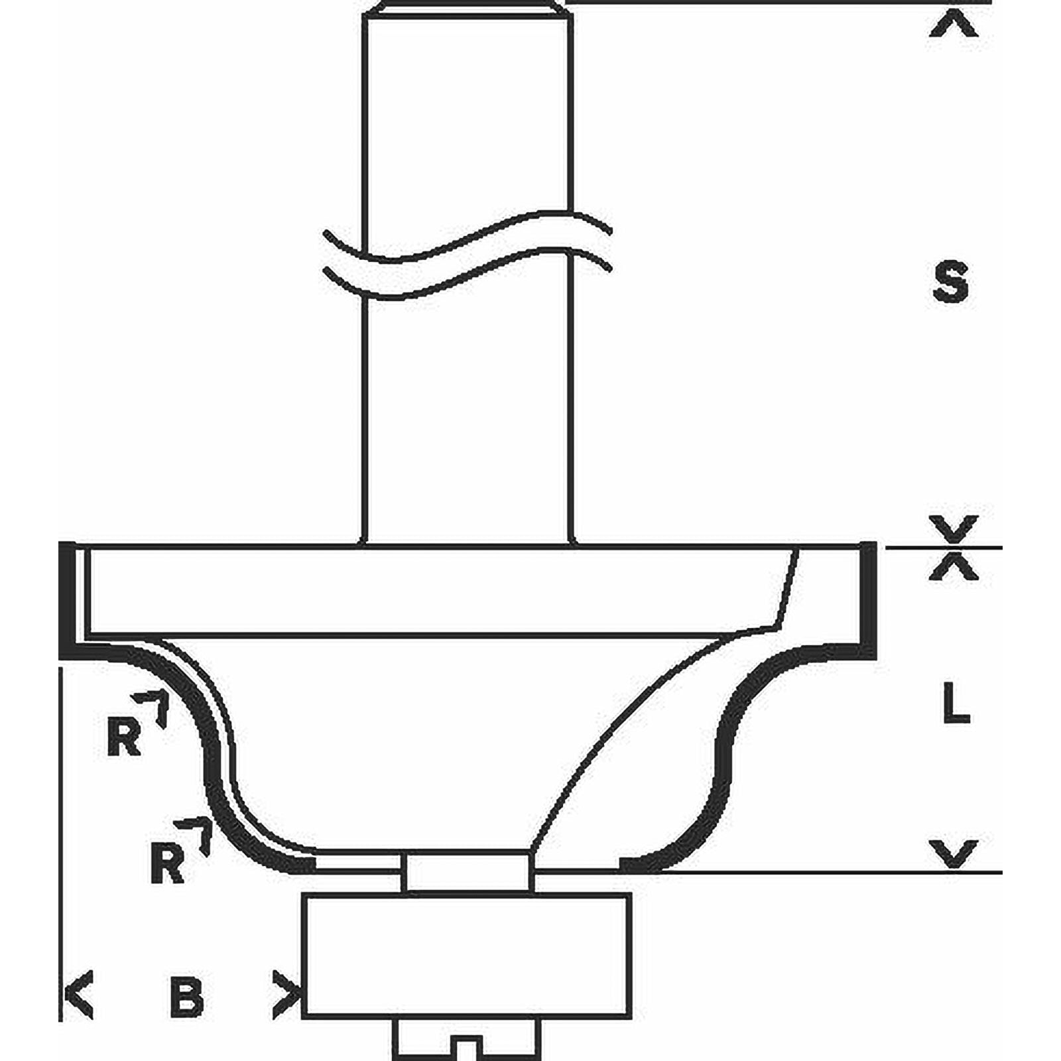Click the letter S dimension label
pos(950,282)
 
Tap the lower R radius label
pos(167,861)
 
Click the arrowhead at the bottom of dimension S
pos(954,528)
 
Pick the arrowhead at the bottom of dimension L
pos(954,853)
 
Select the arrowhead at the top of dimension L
pos(954,567)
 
